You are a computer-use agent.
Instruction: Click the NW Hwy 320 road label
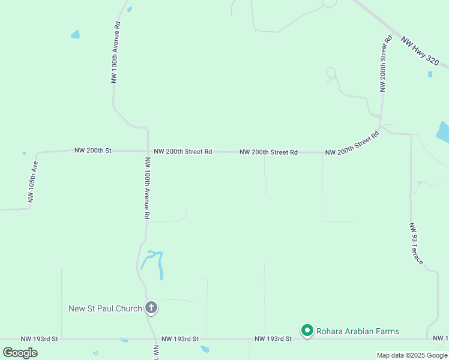[420, 52]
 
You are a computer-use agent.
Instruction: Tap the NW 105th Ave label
[32, 181]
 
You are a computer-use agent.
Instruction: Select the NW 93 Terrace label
[416, 244]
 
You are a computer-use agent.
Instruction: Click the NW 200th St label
[93, 151]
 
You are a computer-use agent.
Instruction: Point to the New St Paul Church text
[105, 308]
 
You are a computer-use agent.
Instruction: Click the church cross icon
[151, 308]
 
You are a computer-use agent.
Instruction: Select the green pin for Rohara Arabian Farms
[307, 331]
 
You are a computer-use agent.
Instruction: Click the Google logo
[20, 352]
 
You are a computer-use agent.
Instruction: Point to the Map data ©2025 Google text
[412, 355]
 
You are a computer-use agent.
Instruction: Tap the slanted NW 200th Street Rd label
[353, 144]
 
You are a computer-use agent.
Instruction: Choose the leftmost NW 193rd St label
[39, 339]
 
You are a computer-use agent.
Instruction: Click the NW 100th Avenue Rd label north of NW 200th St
[116, 53]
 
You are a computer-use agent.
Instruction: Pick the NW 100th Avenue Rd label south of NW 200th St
[146, 187]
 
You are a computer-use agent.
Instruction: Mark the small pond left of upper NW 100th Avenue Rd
[75, 35]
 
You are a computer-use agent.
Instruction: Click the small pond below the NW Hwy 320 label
[430, 74]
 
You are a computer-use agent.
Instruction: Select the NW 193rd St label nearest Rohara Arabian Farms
[273, 339]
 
